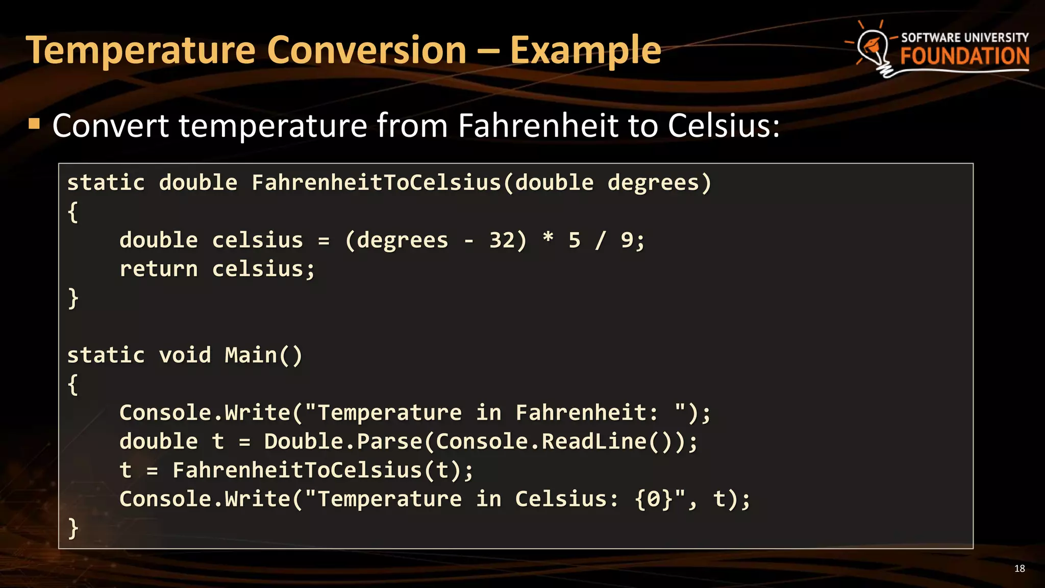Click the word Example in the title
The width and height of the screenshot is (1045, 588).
585,51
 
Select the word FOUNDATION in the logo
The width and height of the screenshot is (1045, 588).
964,56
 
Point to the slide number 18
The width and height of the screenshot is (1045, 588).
1019,569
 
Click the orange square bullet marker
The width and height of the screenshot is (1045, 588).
34,124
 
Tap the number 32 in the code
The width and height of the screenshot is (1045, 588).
502,240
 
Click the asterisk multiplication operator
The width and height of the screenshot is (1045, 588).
548,238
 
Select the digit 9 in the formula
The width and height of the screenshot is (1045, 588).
627,240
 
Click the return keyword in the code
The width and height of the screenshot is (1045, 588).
158,269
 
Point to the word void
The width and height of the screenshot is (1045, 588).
185,355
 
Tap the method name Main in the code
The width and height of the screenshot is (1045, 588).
251,355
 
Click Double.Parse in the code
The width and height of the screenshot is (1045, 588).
343,442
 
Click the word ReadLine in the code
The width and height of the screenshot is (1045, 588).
594,442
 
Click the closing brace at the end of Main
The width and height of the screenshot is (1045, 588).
73,528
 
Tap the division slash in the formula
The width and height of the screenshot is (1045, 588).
601,240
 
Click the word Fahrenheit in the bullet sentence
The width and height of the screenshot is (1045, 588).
538,126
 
